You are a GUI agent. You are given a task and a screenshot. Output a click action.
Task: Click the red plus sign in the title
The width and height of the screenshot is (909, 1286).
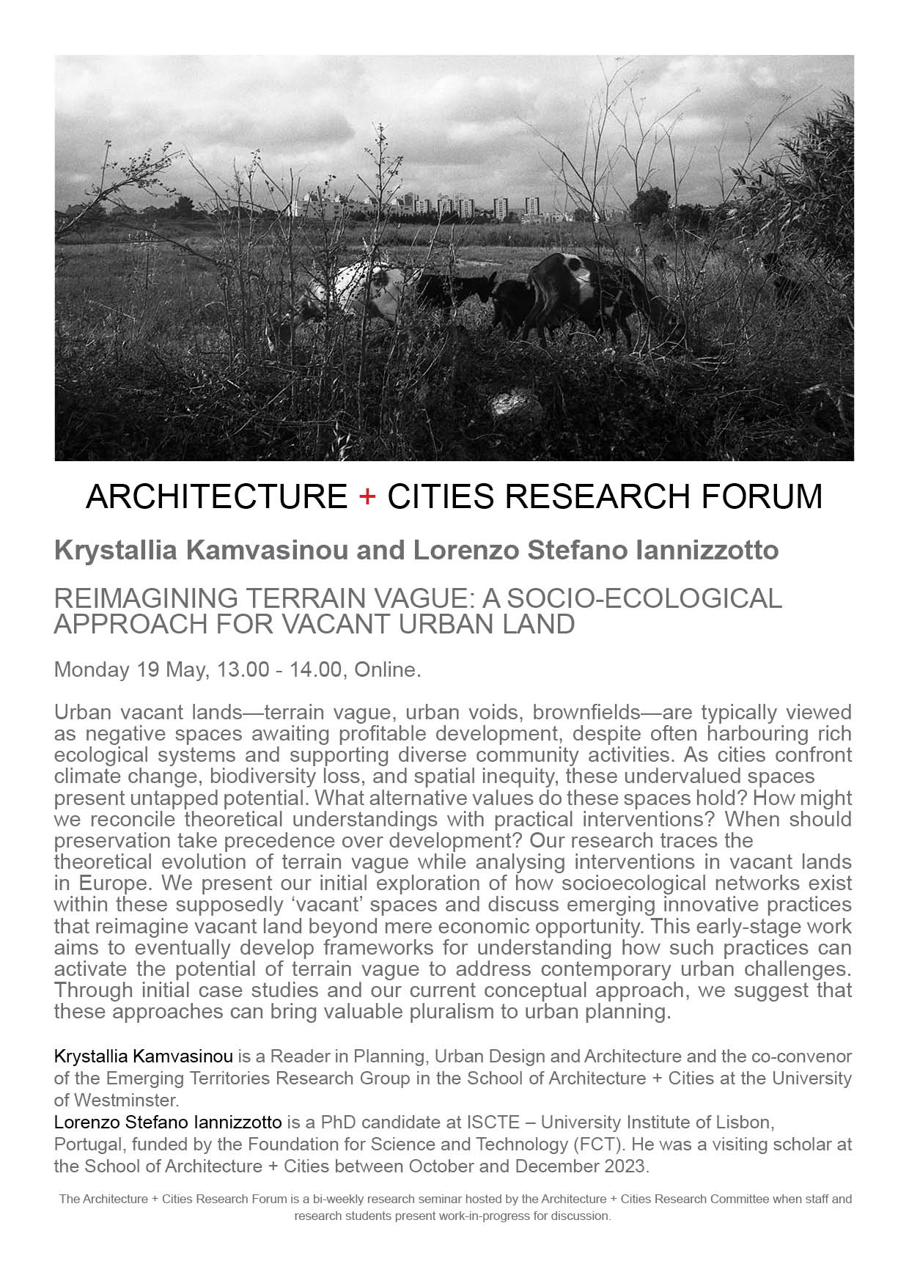[367, 497]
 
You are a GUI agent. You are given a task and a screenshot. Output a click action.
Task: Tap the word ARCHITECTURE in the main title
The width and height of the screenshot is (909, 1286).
[216, 496]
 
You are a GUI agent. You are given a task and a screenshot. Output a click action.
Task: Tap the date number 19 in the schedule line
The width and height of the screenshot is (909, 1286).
[147, 669]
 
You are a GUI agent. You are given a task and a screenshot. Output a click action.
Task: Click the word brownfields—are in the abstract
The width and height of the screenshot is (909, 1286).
[611, 712]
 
